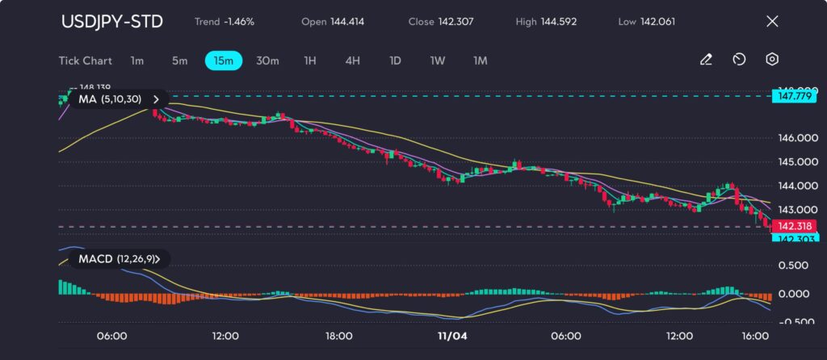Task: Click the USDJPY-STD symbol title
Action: coord(111,21)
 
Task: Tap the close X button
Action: coord(772,21)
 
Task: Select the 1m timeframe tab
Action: coord(137,60)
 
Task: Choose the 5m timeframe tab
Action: coord(179,60)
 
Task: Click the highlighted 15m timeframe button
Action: coord(222,60)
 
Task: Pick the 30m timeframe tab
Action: coord(267,60)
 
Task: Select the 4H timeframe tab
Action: coord(352,60)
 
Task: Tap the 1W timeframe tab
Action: coord(438,60)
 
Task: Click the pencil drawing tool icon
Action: coord(706,60)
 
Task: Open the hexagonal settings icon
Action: coord(773,60)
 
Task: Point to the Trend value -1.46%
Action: coord(239,22)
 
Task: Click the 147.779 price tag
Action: coord(792,96)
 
